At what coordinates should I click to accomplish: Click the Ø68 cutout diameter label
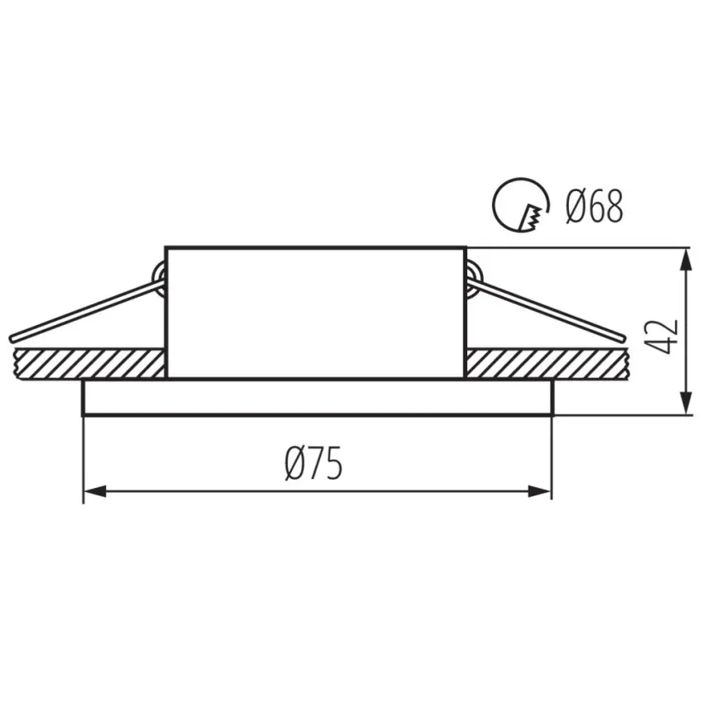[x=594, y=206]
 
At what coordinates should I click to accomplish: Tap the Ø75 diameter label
[x=313, y=463]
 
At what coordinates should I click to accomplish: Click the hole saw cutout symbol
[x=520, y=205]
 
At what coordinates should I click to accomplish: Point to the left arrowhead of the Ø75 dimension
[x=95, y=491]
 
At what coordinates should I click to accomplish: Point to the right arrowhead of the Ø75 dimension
[x=540, y=491]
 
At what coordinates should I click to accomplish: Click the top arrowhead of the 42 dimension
[x=686, y=260]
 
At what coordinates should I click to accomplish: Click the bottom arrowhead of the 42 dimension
[x=686, y=402]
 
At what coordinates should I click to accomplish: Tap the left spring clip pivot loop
[x=160, y=278]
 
